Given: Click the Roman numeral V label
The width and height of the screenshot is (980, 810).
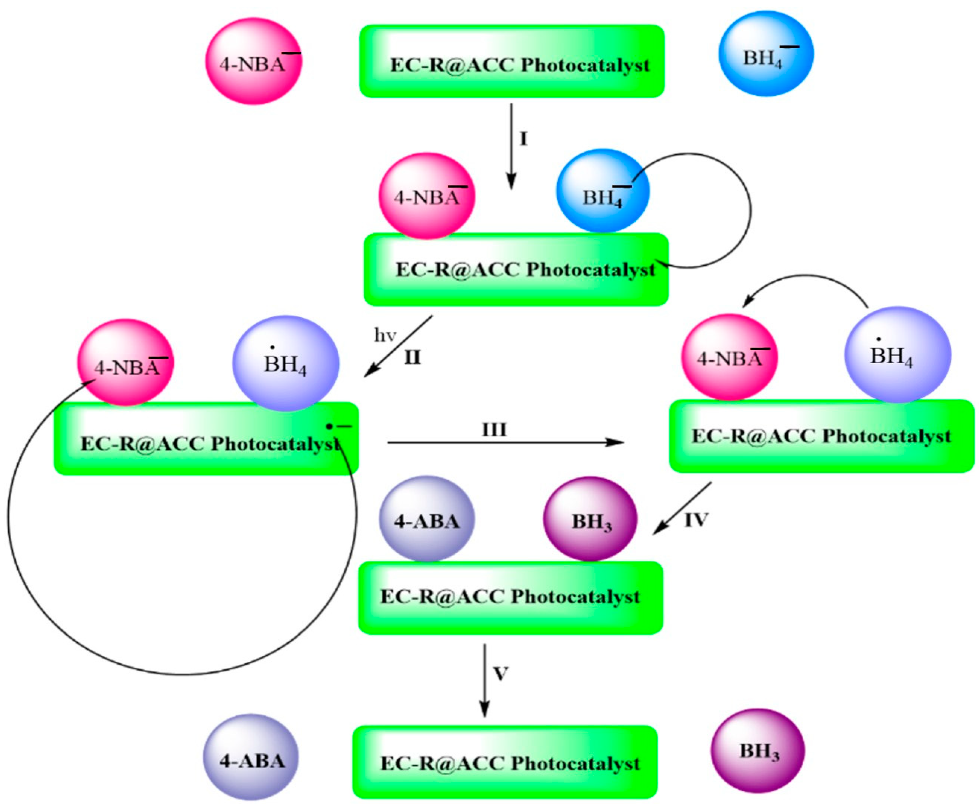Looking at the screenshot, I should coord(500,673).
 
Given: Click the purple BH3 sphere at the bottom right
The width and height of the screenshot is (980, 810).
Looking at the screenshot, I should coord(758,751).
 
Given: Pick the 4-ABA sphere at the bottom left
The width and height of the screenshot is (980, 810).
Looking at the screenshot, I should coord(251,757).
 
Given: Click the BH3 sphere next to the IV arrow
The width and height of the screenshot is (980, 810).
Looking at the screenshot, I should coord(590,519).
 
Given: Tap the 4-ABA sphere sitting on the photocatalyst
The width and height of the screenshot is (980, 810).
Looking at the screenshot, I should coord(427,519).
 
